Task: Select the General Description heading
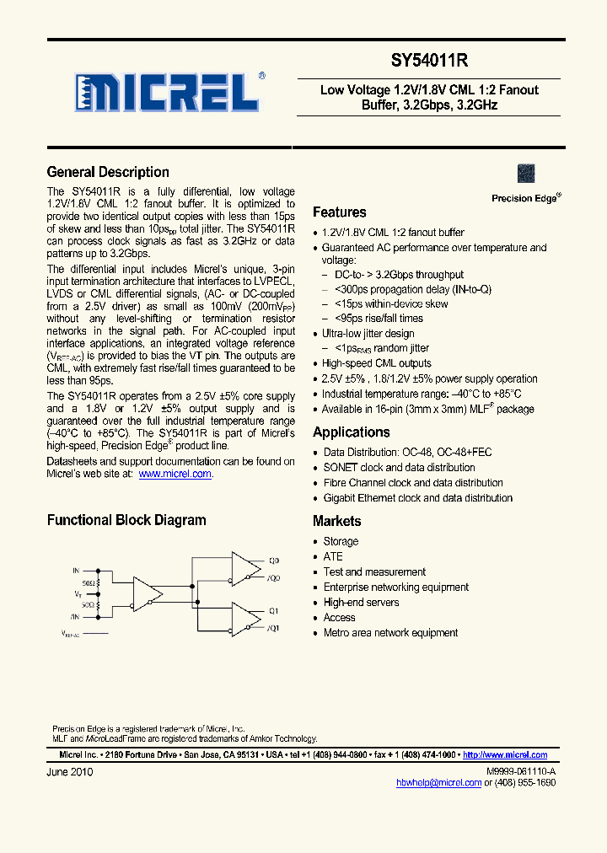point(108,172)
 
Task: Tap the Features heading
point(340,212)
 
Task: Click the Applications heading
point(352,432)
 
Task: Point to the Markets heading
point(337,522)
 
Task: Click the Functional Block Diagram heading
point(126,520)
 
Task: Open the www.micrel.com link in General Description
point(175,475)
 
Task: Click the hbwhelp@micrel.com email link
point(438,783)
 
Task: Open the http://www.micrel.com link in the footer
point(505,755)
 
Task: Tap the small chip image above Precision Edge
point(526,174)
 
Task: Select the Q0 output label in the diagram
point(274,561)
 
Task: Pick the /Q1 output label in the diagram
point(274,629)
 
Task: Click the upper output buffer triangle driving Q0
point(245,566)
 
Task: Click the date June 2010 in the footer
point(70,772)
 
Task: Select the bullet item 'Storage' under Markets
point(341,542)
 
